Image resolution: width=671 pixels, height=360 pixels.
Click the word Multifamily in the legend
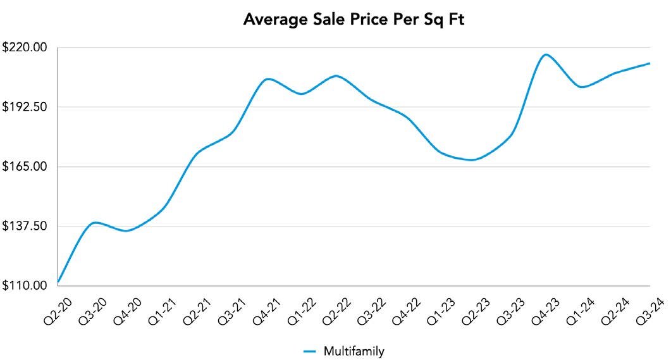tap(354, 351)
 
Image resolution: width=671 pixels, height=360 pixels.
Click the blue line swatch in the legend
tap(310, 351)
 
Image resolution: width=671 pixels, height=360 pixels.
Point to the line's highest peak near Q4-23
tap(545, 54)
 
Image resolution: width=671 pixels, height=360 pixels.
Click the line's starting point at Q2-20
tap(58, 282)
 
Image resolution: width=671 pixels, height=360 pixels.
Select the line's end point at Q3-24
tap(649, 63)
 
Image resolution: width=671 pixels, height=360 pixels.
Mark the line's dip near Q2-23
tap(471, 160)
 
